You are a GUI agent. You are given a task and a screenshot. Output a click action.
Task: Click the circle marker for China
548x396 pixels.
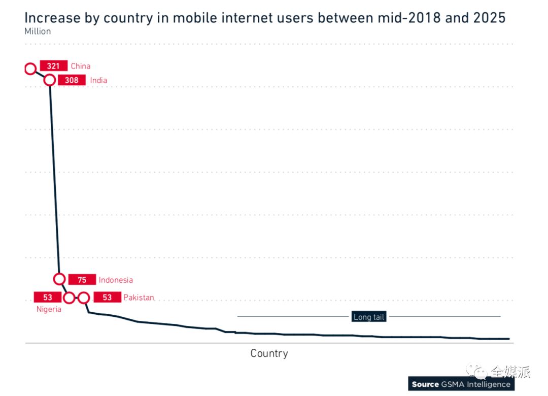coord(30,68)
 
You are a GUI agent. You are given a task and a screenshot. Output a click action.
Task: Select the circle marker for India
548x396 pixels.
coord(50,80)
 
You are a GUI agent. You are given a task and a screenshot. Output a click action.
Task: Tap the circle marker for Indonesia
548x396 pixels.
coord(59,279)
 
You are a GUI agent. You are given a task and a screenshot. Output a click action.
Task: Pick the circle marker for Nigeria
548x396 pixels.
coord(69,298)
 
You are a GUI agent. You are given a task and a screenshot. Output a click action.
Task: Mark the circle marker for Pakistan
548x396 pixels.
coord(84,298)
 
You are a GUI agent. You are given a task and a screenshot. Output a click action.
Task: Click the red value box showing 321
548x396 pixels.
coord(53,66)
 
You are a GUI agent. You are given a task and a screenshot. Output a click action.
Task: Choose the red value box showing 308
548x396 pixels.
coord(72,80)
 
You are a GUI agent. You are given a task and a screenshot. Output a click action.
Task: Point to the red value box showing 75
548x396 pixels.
coord(82,280)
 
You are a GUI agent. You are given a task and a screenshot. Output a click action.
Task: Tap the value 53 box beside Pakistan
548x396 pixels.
coord(107,298)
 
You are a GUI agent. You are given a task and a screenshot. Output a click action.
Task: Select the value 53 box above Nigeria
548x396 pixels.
coord(47,298)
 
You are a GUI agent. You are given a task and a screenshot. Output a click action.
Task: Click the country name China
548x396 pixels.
coord(81,66)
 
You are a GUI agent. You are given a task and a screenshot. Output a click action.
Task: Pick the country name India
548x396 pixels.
coord(98,80)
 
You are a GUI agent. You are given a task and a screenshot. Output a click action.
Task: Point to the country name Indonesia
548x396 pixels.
coord(116,280)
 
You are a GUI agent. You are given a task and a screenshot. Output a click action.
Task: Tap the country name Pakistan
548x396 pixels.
coord(139,298)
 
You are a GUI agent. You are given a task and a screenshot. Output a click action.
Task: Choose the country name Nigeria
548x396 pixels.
coord(49,309)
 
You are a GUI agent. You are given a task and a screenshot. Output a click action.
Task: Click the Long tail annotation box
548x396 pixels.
coord(369,317)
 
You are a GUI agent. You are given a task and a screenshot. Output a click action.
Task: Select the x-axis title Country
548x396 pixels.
coord(269,353)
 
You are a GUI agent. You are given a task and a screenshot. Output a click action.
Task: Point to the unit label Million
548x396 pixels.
coord(38,31)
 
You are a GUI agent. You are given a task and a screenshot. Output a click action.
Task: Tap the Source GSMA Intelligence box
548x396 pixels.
coord(461,384)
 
